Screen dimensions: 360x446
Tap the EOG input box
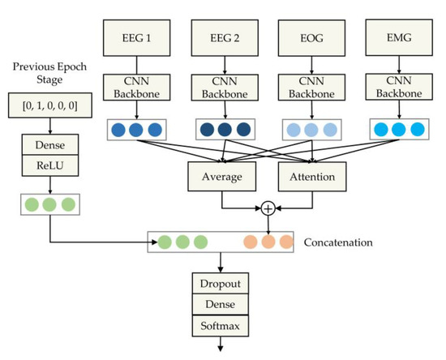coord(306,37)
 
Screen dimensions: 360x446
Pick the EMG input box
coord(393,37)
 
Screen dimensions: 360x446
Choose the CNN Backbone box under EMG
coord(393,88)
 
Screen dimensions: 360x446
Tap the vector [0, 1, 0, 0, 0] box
coord(49,104)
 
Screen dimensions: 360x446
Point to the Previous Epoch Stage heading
coord(49,72)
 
